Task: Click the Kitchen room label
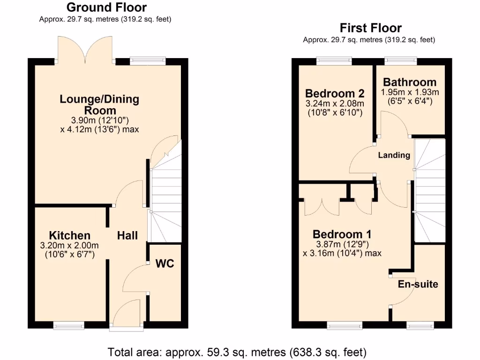70,235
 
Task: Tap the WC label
165,264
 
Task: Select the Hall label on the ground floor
127,235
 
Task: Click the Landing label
394,155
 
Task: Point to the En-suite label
418,284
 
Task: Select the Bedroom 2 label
335,93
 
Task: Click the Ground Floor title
106,7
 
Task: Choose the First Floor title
371,28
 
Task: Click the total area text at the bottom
237,351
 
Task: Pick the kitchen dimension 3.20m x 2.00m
70,245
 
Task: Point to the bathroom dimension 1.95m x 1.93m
410,92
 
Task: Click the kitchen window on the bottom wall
68,325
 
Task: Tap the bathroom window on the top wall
401,60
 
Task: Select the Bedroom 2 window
334,60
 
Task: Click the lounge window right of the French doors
148,60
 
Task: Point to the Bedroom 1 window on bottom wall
345,325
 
